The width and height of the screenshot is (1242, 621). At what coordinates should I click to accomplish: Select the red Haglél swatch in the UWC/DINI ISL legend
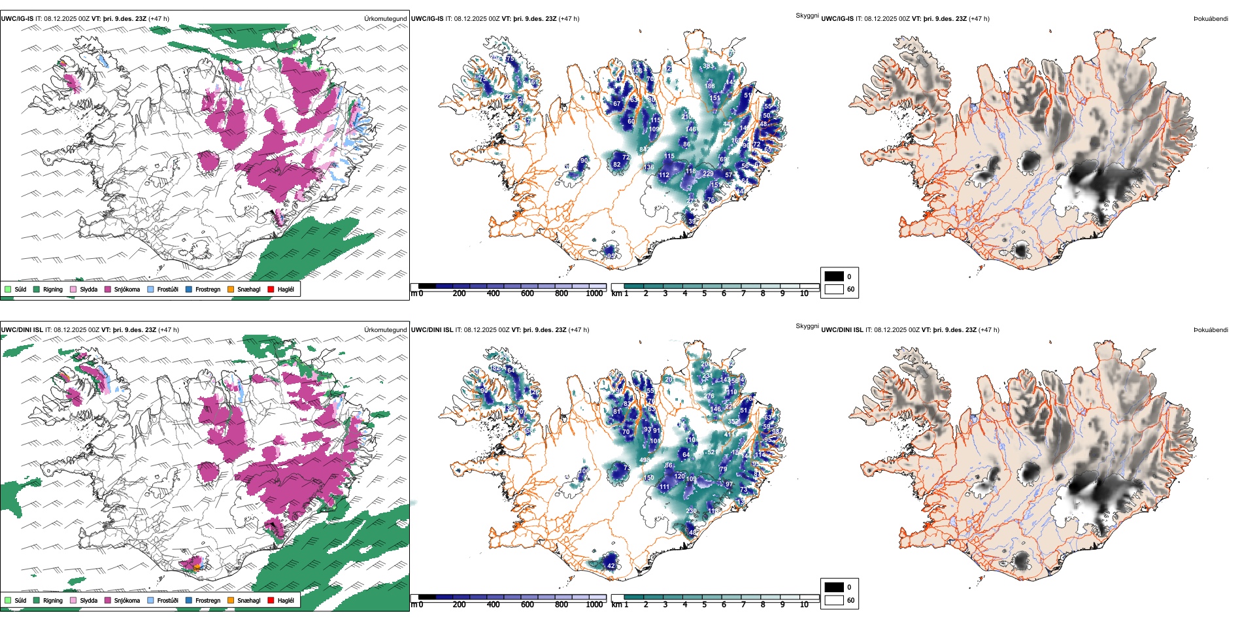[x=271, y=600]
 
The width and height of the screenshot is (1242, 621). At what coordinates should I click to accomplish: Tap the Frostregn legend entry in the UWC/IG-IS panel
[x=207, y=289]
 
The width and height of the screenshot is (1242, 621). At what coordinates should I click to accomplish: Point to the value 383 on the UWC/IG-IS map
[x=709, y=66]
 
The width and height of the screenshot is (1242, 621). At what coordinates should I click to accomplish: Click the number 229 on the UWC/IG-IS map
[x=708, y=174]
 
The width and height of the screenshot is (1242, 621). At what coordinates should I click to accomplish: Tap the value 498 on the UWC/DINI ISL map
[x=645, y=460]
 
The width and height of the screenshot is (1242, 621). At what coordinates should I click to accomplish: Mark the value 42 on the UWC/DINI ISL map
[x=611, y=566]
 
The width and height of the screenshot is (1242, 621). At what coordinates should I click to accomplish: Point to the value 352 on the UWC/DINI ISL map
[x=733, y=422]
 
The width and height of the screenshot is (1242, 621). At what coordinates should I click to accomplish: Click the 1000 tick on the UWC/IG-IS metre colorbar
[x=594, y=294]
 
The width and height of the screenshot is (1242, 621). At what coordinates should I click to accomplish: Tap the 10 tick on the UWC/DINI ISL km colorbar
[x=804, y=605]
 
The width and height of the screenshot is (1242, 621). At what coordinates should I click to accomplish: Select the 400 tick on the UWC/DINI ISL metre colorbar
[x=493, y=605]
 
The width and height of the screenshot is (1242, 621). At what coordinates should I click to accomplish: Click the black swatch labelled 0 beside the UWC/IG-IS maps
[x=834, y=277]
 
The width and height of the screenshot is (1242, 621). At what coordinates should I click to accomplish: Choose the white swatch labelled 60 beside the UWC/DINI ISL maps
[x=834, y=600]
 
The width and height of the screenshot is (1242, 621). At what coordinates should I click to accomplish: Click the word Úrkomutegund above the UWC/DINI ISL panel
[x=385, y=329]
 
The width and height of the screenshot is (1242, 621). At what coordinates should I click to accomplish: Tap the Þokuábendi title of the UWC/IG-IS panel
[x=1211, y=19]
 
